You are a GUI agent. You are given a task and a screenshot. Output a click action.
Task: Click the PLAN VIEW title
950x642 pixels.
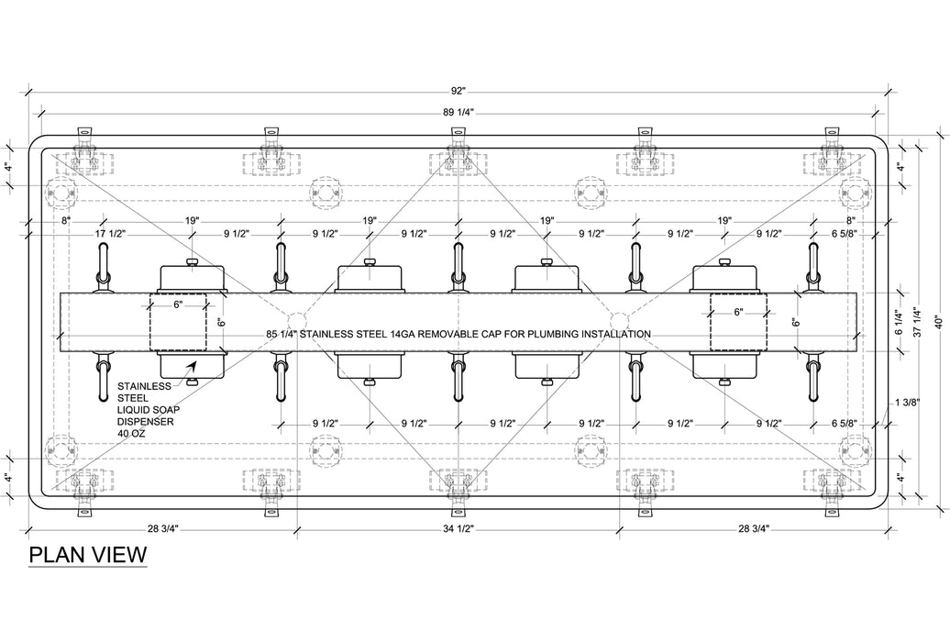pyautogui.click(x=87, y=555)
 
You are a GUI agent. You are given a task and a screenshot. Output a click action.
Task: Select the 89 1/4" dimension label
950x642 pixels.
pyautogui.click(x=458, y=112)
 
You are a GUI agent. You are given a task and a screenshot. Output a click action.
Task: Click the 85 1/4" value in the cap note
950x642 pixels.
pyautogui.click(x=281, y=334)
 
